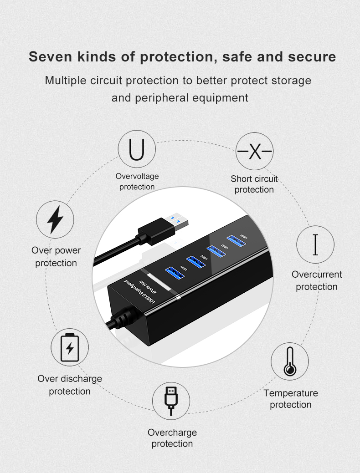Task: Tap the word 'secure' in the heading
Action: point(312,57)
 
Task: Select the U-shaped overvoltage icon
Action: point(137,150)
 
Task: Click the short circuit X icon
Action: point(254,152)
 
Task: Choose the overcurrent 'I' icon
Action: point(315,244)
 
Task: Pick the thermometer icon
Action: point(290,361)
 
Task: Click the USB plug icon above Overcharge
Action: point(171,401)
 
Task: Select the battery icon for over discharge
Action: point(69,347)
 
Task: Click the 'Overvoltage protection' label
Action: point(137,181)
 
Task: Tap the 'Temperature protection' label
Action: point(291,399)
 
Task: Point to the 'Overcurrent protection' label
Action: point(317,280)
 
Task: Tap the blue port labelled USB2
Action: point(196,261)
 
